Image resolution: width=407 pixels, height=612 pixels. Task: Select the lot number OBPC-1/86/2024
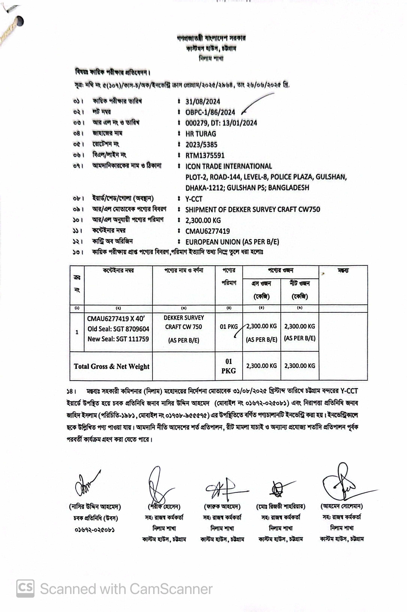(210, 112)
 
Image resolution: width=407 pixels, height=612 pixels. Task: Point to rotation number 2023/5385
(201, 145)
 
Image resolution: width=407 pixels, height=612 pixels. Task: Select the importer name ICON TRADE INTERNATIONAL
(228, 166)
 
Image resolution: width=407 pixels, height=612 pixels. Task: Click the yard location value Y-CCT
(194, 199)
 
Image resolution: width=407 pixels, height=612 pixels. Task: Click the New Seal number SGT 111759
(118, 339)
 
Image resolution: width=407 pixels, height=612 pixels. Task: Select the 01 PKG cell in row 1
(229, 327)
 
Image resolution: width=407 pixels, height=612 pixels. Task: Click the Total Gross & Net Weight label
(112, 366)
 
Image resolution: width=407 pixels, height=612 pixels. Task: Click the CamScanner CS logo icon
(25, 588)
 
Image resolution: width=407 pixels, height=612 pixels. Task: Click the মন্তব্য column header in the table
(343, 271)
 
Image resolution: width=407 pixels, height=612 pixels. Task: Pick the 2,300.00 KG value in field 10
(203, 220)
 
